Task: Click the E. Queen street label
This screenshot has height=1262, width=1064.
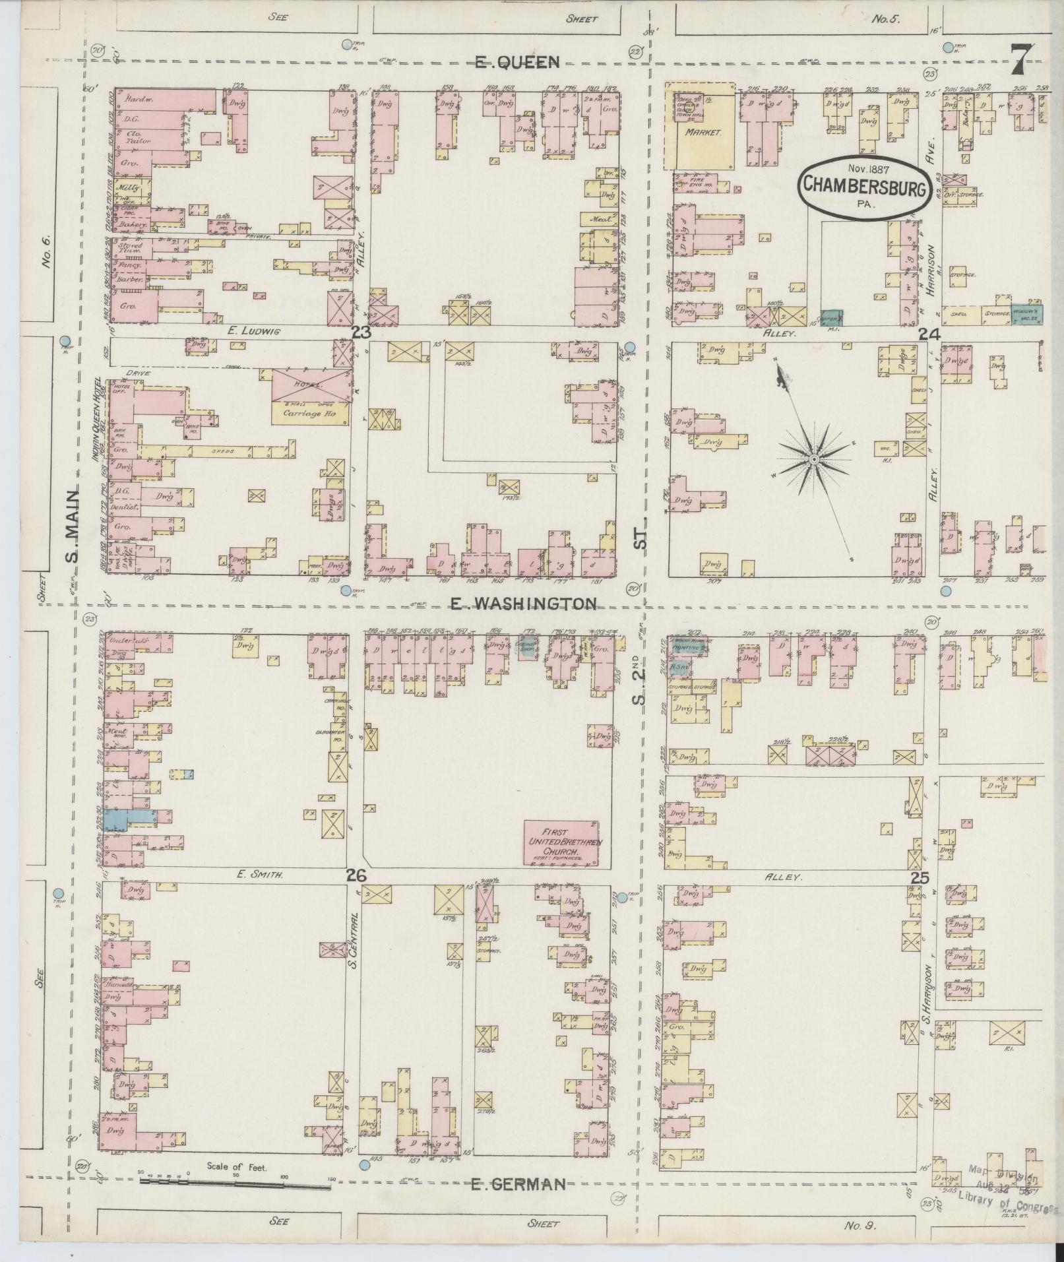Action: pyautogui.click(x=518, y=63)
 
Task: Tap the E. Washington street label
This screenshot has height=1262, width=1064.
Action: pyautogui.click(x=524, y=603)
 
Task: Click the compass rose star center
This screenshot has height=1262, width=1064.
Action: pyautogui.click(x=814, y=458)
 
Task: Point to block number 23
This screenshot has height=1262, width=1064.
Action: pyautogui.click(x=361, y=333)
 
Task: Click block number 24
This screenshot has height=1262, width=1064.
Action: pyautogui.click(x=929, y=335)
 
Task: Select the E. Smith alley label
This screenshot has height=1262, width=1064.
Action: pyautogui.click(x=260, y=875)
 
